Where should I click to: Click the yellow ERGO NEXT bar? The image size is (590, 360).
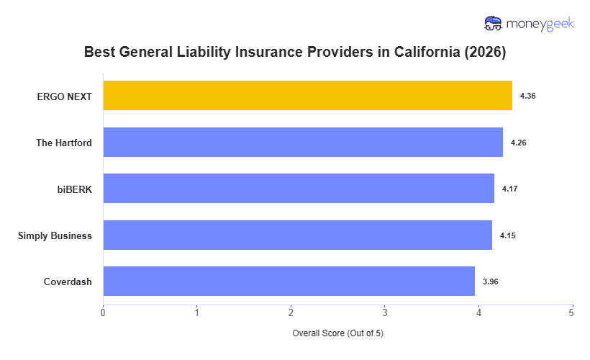(307, 95)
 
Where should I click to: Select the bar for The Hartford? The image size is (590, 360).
(303, 142)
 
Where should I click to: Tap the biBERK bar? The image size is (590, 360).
(299, 188)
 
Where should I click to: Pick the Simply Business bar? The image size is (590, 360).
(297, 235)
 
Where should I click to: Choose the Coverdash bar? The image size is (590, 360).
(289, 281)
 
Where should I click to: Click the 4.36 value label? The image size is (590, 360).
(527, 96)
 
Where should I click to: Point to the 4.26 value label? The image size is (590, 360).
(518, 143)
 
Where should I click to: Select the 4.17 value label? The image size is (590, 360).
(509, 189)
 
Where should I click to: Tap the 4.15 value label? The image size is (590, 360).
(507, 235)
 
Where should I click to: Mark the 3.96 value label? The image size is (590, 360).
(490, 282)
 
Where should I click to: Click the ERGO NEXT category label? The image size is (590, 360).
(65, 96)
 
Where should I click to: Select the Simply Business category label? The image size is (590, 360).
(55, 235)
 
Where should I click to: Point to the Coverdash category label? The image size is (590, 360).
(68, 282)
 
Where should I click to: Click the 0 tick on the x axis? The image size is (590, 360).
(103, 312)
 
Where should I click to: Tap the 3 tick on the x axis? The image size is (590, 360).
(385, 312)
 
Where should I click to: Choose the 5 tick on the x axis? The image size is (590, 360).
(572, 312)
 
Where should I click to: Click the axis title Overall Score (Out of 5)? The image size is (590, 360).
(338, 334)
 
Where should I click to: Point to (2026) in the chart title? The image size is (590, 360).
(484, 53)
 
